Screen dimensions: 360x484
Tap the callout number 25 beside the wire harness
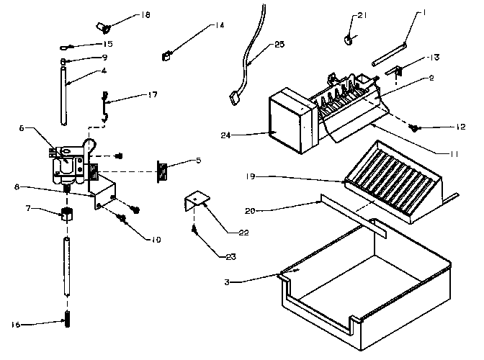[279, 45]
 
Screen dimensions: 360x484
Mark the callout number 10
[156, 239]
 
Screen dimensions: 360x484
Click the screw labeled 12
[416, 128]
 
